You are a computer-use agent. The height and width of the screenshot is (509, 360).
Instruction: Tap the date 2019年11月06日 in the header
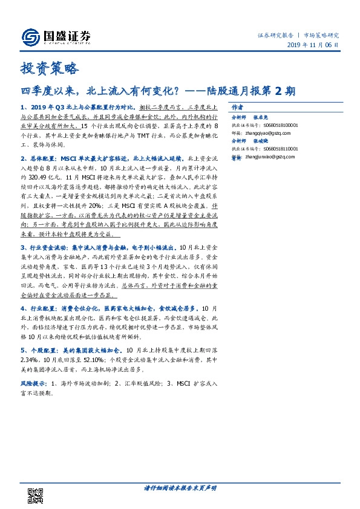click(x=312, y=45)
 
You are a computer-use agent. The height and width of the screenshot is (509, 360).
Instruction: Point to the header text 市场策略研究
click(x=321, y=36)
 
